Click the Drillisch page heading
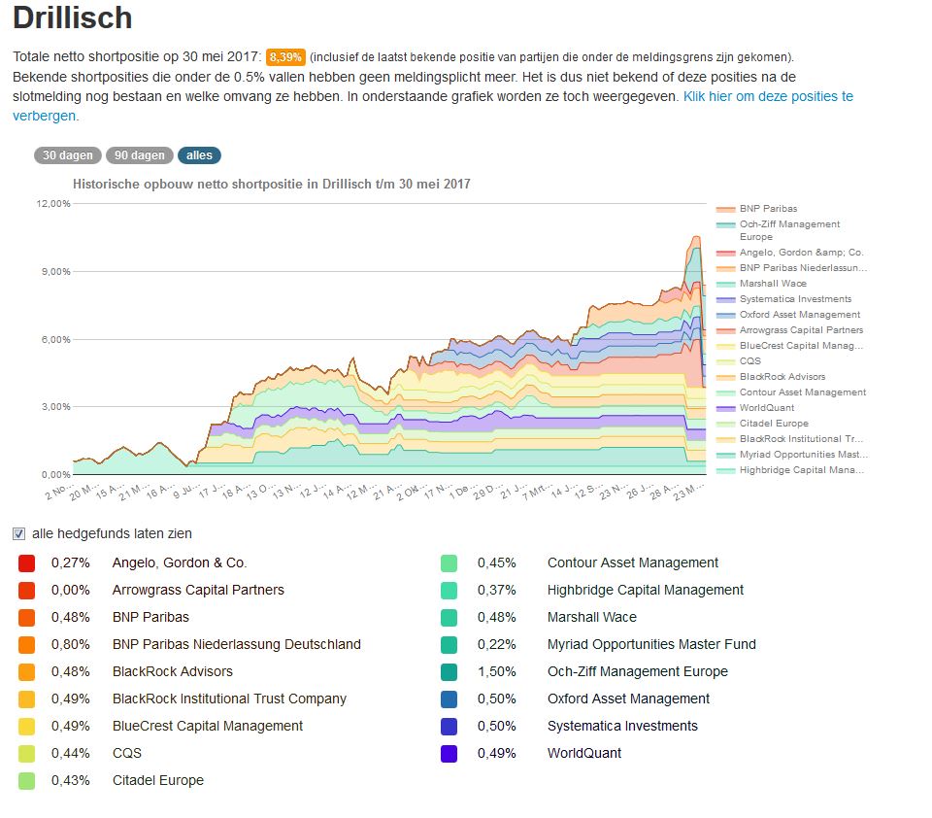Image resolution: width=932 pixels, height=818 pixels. coord(72,18)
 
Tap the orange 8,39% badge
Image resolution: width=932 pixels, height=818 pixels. coord(286,57)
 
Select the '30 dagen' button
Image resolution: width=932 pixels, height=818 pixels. coord(68,155)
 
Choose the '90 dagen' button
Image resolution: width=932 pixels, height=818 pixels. coord(140,155)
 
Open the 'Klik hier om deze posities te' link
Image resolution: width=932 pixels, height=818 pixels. coord(768,96)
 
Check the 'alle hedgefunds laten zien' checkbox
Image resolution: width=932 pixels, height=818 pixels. coord(19,533)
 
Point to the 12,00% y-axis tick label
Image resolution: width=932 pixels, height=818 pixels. coord(53,203)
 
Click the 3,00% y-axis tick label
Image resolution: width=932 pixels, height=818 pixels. coord(53,407)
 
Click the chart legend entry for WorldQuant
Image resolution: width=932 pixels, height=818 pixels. coord(766,408)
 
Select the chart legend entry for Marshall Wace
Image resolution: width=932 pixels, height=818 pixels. coord(773,284)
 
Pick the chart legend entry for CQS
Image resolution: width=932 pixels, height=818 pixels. coord(749,361)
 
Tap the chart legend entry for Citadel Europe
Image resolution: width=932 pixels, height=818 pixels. coord(774,424)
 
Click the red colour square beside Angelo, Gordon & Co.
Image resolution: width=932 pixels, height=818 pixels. coord(27,562)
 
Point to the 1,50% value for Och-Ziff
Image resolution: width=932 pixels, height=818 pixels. coord(496,671)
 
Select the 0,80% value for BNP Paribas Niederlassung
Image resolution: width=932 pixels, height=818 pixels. coord(70,644)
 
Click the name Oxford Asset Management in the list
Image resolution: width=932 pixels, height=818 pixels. coord(628,699)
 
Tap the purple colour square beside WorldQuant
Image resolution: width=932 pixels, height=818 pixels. coord(449,753)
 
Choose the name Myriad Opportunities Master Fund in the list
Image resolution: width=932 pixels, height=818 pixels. coord(651,644)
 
